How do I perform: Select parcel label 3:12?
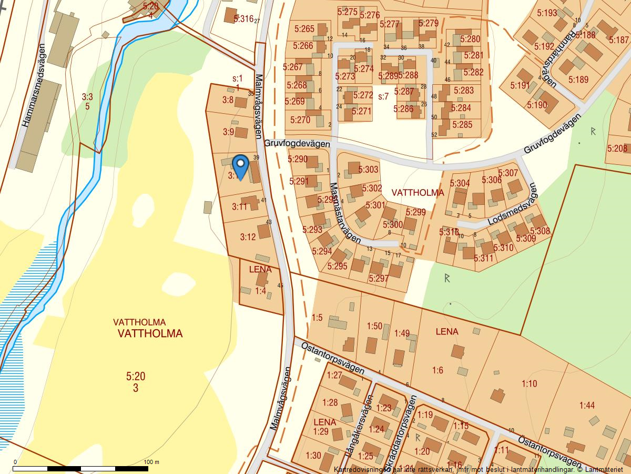tap(248, 237)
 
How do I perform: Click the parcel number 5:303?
tap(368, 170)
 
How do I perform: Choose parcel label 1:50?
tap(374, 326)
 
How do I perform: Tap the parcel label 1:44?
tap(587, 405)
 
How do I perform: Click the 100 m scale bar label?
tap(151, 462)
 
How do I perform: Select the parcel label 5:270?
tap(299, 120)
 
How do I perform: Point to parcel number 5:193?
tap(547, 13)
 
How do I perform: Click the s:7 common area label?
tap(383, 96)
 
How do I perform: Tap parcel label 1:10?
tap(530, 383)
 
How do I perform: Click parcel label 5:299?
tap(415, 212)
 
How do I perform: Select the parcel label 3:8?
tap(228, 100)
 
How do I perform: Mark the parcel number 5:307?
tap(508, 173)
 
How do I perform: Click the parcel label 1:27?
tap(334, 376)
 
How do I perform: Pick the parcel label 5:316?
tap(243, 19)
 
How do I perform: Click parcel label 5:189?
tap(578, 80)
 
